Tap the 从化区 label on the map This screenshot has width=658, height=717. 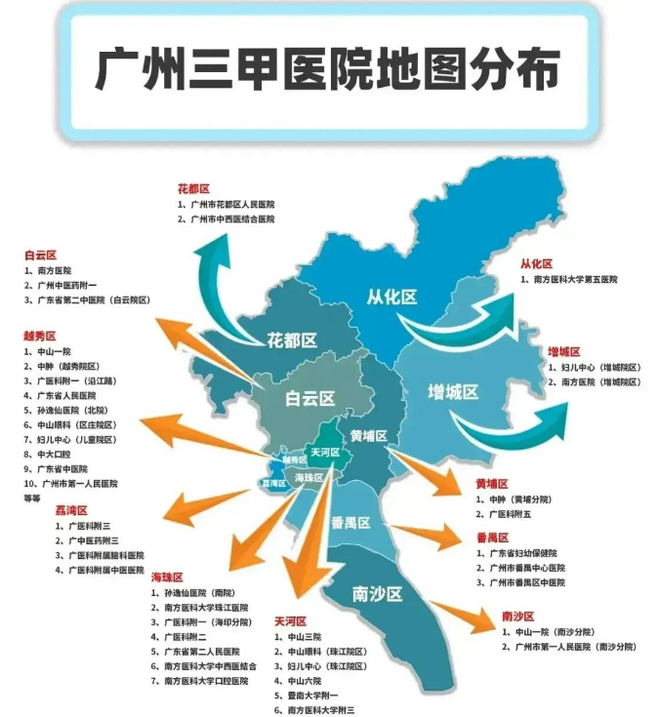[x=391, y=296]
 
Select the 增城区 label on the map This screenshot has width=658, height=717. [x=454, y=391]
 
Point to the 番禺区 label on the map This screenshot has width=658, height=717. [x=350, y=523]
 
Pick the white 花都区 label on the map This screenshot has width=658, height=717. [x=292, y=340]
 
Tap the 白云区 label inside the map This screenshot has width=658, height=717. [x=309, y=398]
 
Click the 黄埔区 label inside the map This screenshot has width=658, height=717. [x=369, y=435]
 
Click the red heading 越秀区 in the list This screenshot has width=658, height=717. [x=40, y=337]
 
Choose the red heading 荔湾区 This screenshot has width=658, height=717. [x=71, y=510]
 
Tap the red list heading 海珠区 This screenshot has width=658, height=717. [x=166, y=578]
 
